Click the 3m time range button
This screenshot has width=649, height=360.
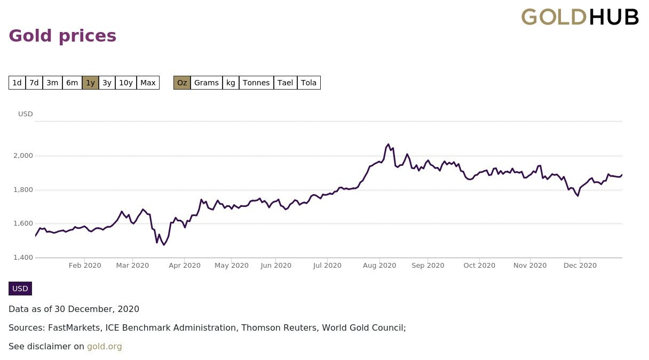click(x=52, y=83)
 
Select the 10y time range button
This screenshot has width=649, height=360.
click(x=126, y=83)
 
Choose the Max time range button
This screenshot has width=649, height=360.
click(x=148, y=83)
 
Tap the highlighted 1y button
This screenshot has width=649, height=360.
click(x=90, y=83)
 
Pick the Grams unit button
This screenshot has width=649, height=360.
click(x=206, y=83)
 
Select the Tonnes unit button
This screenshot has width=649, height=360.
click(x=256, y=83)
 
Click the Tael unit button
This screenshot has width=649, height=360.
click(x=285, y=83)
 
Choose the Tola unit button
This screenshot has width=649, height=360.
click(x=308, y=83)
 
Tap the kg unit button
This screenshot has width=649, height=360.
click(x=231, y=83)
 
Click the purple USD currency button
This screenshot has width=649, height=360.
click(x=20, y=289)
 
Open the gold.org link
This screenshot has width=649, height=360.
click(x=105, y=347)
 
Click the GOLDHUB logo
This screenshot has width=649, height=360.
click(x=580, y=17)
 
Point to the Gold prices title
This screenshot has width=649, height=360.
click(x=62, y=36)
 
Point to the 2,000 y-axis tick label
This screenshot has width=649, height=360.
click(x=23, y=156)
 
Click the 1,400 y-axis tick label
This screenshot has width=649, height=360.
click(x=23, y=258)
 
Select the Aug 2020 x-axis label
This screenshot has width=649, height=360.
click(x=379, y=266)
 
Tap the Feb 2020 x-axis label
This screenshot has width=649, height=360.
click(x=85, y=266)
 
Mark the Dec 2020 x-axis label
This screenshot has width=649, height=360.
click(x=580, y=266)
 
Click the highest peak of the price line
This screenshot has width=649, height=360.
click(x=388, y=145)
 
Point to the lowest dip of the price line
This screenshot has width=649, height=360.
click(x=164, y=244)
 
